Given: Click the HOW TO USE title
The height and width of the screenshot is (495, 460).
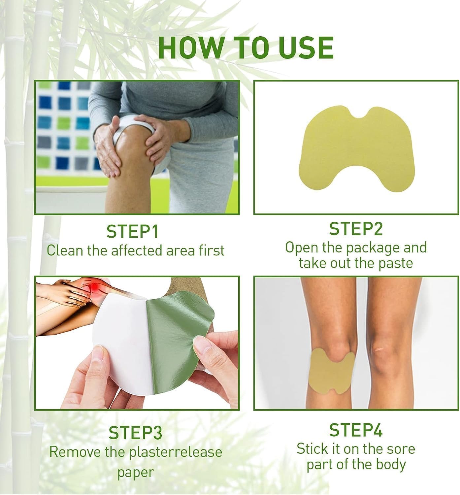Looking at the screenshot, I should click(x=246, y=48).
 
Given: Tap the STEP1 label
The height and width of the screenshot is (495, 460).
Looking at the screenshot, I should click(x=132, y=232).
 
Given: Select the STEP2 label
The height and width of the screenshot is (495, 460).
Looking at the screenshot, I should click(x=356, y=229).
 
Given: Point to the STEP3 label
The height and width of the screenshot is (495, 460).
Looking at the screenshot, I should click(x=135, y=433).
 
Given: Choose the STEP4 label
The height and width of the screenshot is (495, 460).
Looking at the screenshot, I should click(x=356, y=430).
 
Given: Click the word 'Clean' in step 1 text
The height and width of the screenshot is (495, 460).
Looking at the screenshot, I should click(x=65, y=250).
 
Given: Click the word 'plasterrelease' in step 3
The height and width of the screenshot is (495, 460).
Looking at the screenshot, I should click(x=175, y=452).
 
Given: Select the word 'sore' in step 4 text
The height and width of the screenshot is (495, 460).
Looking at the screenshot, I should click(x=401, y=449).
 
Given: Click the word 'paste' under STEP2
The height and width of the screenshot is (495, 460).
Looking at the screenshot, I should click(x=396, y=263).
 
